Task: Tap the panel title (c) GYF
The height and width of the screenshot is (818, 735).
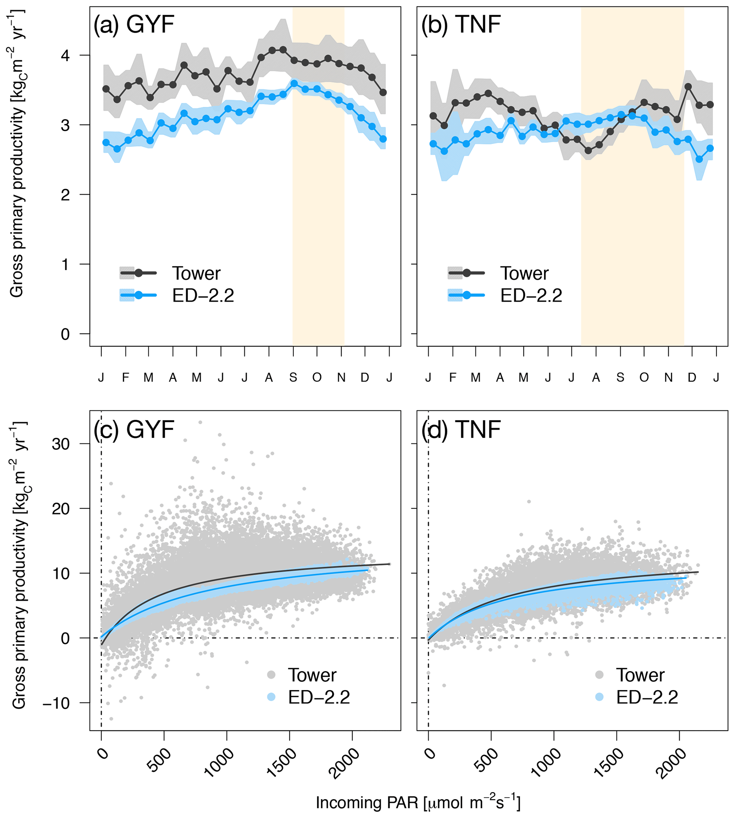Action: (x=134, y=429)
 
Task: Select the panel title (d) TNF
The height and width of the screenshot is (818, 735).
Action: (x=461, y=429)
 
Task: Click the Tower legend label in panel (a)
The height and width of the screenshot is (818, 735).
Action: (x=196, y=274)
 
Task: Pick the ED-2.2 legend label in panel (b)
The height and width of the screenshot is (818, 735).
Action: (x=531, y=296)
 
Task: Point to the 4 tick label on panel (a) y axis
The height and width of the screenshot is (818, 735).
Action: (x=65, y=55)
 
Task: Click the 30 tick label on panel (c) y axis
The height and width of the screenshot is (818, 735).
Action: (x=60, y=444)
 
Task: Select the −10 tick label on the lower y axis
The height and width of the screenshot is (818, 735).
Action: (x=56, y=703)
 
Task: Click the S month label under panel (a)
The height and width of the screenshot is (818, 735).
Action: (x=293, y=378)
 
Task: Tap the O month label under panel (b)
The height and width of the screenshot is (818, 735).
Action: (x=644, y=378)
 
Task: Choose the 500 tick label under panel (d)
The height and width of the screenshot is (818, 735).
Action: (x=487, y=761)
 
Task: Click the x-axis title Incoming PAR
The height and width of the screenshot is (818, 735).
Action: (x=418, y=803)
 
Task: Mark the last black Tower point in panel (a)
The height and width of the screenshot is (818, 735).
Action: (x=383, y=92)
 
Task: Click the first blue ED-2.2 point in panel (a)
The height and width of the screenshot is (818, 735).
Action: (x=106, y=142)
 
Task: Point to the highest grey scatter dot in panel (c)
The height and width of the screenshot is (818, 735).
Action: (x=200, y=423)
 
